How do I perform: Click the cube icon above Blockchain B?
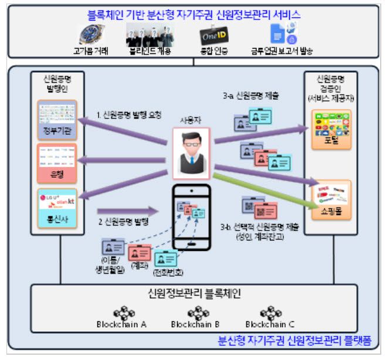(x=195, y=313)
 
